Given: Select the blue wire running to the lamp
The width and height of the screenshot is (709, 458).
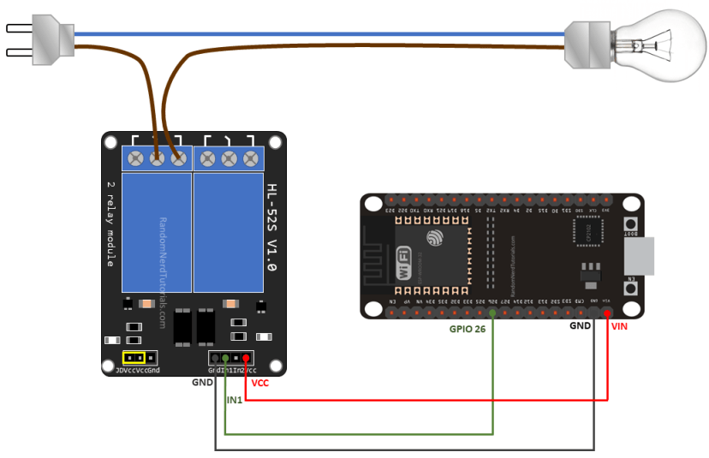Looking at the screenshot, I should coord(343,34).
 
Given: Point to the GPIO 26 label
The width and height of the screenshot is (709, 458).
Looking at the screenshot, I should coord(474,328).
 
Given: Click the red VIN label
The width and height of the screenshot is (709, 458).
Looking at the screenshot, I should coord(618,326).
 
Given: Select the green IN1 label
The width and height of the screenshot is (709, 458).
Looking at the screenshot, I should coord(235,400).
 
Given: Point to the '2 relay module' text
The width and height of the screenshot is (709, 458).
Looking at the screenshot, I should coord(110,224).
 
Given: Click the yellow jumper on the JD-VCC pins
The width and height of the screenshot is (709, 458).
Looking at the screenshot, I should coord(133,357).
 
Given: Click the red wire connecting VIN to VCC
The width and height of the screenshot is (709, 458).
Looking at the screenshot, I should coord(428,399).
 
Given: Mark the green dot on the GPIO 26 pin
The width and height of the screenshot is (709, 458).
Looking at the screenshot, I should coord(493,314).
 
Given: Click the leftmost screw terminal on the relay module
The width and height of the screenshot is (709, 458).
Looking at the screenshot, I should coord(135,158).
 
